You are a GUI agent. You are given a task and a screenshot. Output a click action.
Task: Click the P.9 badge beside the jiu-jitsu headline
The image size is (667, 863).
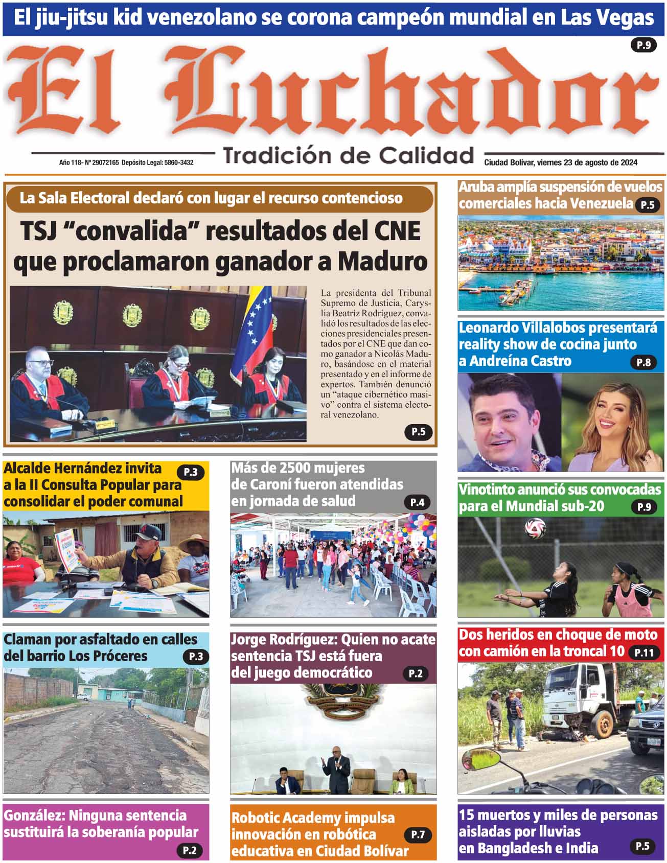click(643, 45)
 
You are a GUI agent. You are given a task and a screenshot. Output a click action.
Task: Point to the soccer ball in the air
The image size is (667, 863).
click(535, 528)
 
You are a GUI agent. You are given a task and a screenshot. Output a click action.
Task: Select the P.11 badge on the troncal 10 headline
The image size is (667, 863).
click(644, 652)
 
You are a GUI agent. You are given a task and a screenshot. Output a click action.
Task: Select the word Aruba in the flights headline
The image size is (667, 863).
click(476, 187)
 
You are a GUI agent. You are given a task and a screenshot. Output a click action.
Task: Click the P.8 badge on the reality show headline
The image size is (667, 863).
click(643, 362)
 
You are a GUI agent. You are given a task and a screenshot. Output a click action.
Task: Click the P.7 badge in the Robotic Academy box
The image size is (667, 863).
click(418, 835)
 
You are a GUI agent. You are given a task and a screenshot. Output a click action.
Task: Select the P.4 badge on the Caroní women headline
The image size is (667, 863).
click(417, 502)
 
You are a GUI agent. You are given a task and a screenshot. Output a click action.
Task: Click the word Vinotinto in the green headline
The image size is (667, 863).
click(486, 489)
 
